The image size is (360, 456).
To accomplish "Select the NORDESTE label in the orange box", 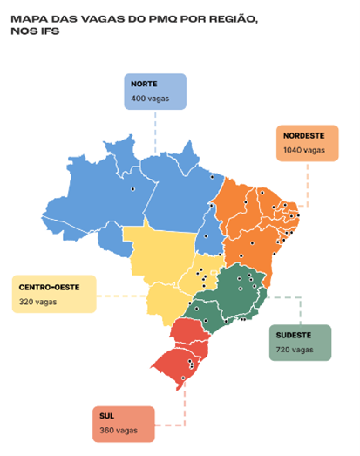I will click(303, 136).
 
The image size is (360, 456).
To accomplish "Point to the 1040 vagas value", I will click(302, 151).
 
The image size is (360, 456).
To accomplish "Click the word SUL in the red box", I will click(105, 416).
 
